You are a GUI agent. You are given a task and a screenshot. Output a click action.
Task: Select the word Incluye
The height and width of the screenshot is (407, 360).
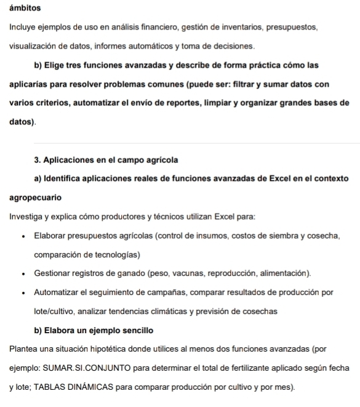pos(23,28)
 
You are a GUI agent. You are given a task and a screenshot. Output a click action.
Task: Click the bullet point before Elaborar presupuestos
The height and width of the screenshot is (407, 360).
pos(23,236)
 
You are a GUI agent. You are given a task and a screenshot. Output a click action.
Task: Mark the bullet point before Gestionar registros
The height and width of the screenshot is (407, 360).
pos(23,273)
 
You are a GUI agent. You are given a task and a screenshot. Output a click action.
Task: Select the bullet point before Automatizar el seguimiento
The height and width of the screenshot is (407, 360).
pos(23,292)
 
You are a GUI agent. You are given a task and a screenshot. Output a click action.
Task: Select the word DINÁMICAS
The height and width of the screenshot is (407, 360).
pos(82,387)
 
